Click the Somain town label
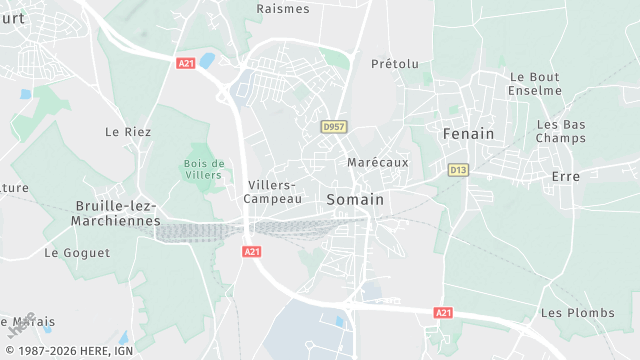[x=355, y=200]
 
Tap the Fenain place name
[x=469, y=132]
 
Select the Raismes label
[x=283, y=8]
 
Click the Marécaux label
[x=378, y=162]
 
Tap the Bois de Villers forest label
[x=204, y=168]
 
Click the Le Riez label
[x=127, y=131]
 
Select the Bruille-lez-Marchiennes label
[x=117, y=213]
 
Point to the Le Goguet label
[x=77, y=253]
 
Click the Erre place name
[x=566, y=176]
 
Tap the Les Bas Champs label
[x=561, y=131]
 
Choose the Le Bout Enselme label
[x=535, y=83]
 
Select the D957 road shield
[x=332, y=127]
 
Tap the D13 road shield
[x=458, y=170]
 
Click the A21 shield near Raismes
[x=185, y=63]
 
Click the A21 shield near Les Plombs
[x=444, y=313]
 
